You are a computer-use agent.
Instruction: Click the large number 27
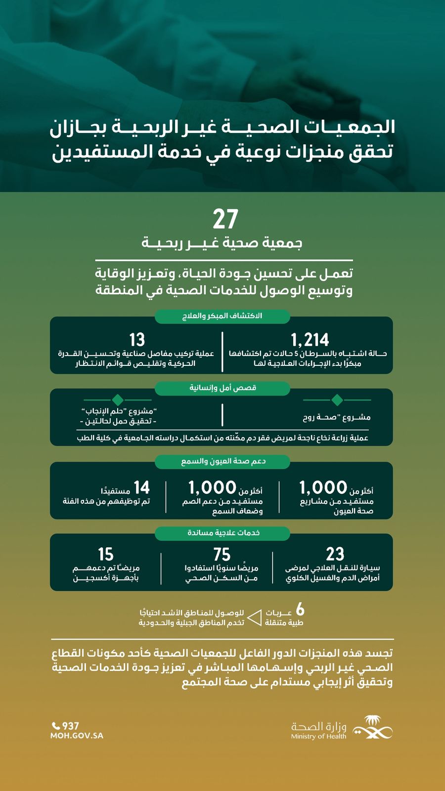click(x=225, y=220)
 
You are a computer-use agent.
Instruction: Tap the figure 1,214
click(x=310, y=340)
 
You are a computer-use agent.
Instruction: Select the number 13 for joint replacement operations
click(x=137, y=340)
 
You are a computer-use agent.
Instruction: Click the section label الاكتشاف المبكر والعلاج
click(x=222, y=316)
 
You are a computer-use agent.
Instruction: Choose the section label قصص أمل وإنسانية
click(x=222, y=388)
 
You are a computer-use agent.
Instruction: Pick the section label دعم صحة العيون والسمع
click(x=223, y=461)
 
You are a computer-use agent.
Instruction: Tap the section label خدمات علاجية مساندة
click(x=223, y=532)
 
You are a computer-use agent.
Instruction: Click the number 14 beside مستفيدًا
click(x=141, y=488)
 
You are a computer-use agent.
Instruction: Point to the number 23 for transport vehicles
click(x=335, y=554)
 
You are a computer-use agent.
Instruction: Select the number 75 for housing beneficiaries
click(x=222, y=554)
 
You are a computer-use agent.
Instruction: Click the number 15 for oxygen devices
click(x=105, y=554)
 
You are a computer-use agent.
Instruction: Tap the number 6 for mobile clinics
click(x=300, y=609)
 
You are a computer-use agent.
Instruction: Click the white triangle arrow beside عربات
click(x=254, y=617)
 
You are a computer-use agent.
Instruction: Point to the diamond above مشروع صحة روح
click(x=337, y=399)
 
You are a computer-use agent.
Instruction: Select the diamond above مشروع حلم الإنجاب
click(x=117, y=399)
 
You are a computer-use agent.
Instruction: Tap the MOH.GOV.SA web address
click(x=77, y=736)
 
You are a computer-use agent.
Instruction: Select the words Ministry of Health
click(x=318, y=737)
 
